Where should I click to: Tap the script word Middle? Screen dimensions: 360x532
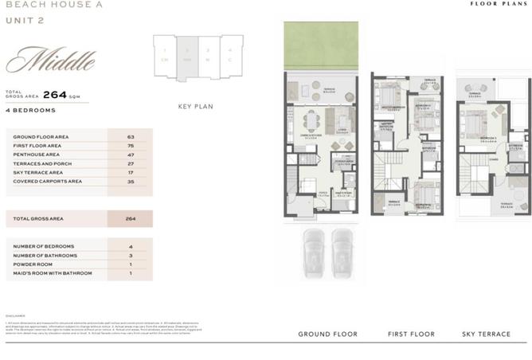51,60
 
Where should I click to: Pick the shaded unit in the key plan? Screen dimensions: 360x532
188,57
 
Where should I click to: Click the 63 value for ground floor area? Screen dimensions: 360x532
130,137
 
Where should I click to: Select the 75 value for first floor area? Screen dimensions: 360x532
130,146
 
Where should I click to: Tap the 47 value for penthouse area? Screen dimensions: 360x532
130,155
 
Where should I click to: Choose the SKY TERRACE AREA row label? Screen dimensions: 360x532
38,172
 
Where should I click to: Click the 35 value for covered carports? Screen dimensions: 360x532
130,182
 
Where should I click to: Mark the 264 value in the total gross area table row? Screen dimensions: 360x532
130,218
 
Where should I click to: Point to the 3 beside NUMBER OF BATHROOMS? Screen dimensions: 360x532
130,256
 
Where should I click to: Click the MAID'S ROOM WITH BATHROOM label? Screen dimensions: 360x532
52,273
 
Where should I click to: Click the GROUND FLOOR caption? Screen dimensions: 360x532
327,334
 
